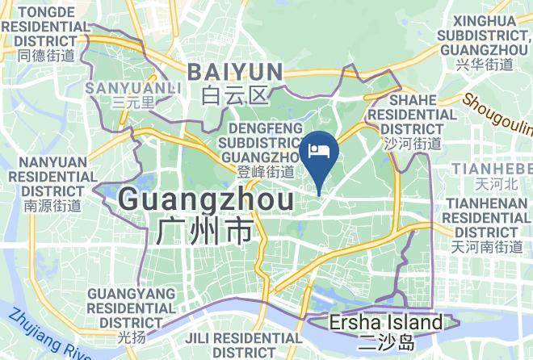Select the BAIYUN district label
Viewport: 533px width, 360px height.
(236, 72)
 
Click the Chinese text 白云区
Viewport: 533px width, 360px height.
(235, 96)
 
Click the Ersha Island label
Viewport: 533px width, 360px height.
(386, 324)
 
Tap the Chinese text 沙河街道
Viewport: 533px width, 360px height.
(413, 144)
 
